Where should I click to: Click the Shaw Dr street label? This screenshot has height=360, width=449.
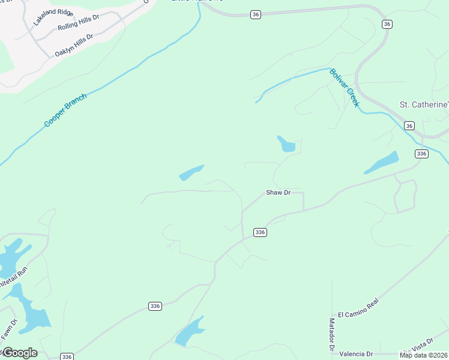(x=278, y=193)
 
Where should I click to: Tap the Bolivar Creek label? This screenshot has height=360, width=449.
(x=344, y=88)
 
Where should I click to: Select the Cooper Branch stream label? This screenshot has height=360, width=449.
(x=65, y=110)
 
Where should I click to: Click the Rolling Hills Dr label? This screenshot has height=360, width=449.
(x=76, y=23)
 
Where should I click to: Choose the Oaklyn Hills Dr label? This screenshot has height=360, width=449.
(x=74, y=45)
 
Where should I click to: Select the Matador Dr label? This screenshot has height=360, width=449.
(x=331, y=334)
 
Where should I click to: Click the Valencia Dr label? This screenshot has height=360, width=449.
(x=356, y=354)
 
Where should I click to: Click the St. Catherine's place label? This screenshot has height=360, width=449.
(x=424, y=104)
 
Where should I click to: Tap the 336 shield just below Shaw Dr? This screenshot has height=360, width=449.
(x=260, y=232)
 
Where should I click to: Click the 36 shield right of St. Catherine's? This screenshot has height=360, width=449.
(x=409, y=125)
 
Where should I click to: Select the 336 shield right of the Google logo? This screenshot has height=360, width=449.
(x=67, y=356)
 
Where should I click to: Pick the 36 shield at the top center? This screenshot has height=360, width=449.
(x=256, y=14)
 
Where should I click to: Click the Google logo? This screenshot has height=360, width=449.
(x=20, y=353)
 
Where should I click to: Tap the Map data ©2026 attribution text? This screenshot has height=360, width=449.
(x=424, y=355)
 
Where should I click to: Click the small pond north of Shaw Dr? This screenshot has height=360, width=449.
(x=286, y=144)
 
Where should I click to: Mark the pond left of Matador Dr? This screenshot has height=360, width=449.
(x=190, y=332)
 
